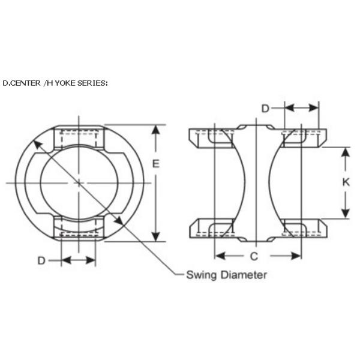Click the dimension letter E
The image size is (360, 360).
click(155, 164)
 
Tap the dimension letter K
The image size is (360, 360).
click(346, 182)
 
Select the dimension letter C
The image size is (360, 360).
click(254, 256)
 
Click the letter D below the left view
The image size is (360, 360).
click(41, 260)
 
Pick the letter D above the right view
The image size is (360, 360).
click(265, 109)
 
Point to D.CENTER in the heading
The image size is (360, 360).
click(22, 83)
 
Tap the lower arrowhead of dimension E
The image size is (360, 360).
click(156, 237)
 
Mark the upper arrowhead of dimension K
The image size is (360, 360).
click(346, 152)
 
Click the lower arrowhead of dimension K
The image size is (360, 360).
click(346, 214)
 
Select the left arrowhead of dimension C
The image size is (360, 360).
click(220, 256)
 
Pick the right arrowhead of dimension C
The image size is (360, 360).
click(296, 256)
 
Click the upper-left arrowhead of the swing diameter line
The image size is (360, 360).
click(38, 145)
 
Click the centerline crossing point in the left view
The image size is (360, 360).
click(79, 183)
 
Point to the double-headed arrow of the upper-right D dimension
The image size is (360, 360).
click(301, 107)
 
